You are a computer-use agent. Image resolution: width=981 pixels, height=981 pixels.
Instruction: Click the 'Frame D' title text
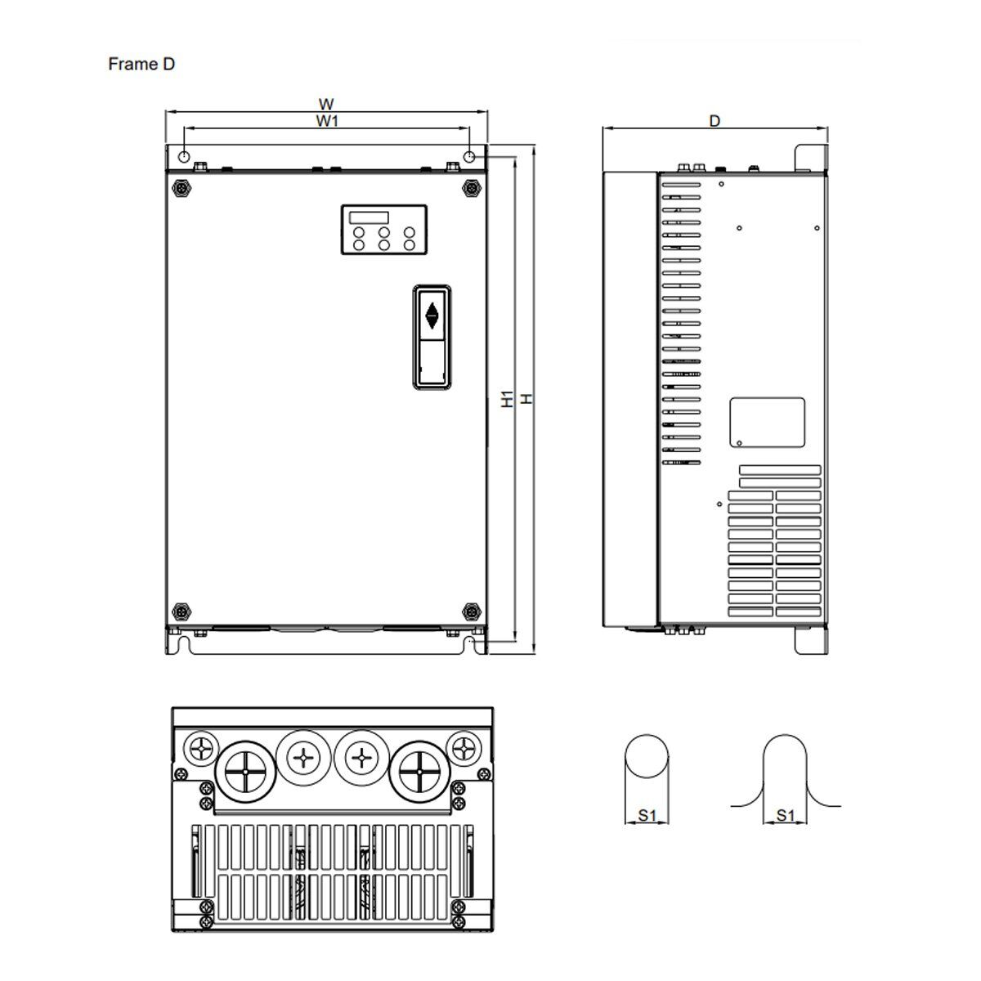point(141,65)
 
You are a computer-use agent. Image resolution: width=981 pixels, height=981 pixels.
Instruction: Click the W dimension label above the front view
point(326,104)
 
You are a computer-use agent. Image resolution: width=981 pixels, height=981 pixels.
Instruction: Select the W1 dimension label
point(327,121)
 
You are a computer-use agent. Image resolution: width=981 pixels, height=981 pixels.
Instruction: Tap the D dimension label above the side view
point(714,121)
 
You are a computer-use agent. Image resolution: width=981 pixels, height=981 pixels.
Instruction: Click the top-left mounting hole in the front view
point(185,157)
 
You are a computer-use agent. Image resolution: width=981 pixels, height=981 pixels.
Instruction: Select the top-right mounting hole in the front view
point(469,157)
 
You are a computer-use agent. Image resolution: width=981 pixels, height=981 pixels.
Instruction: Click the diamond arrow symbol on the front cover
point(432,316)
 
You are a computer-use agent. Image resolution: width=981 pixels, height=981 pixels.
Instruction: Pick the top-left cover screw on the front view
point(181,187)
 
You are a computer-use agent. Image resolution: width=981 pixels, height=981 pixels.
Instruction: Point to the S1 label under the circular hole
point(647,815)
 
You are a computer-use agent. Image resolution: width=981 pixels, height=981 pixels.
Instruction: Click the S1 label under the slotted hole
point(786,815)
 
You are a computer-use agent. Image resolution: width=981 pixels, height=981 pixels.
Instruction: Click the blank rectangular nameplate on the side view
point(766,423)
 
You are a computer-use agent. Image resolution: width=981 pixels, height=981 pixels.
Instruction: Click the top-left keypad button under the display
point(358,233)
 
